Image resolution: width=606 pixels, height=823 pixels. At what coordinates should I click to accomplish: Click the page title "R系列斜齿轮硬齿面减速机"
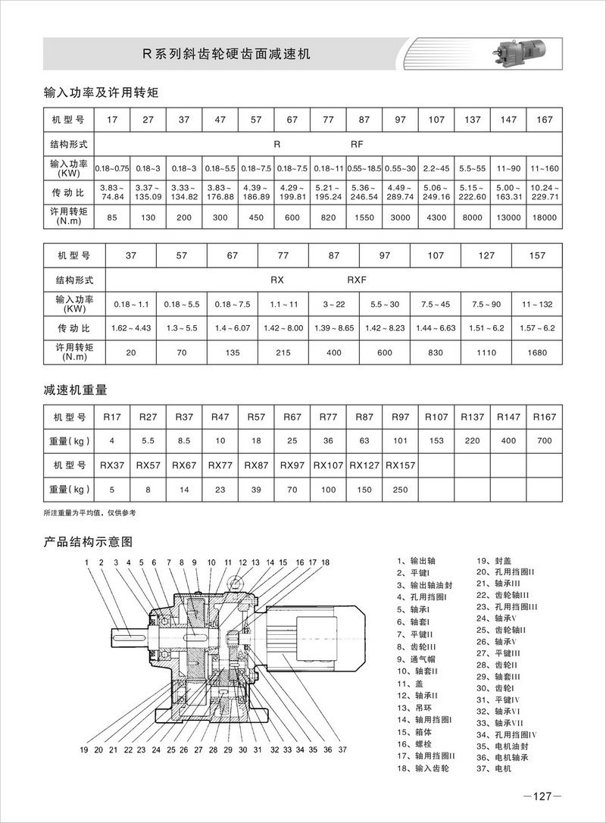(x=227, y=55)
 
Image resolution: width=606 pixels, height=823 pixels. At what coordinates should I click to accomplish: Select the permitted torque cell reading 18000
(x=544, y=217)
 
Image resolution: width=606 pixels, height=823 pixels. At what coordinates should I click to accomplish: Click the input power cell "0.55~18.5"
(x=364, y=167)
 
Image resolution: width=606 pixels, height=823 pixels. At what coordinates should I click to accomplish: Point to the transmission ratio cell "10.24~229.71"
(x=544, y=192)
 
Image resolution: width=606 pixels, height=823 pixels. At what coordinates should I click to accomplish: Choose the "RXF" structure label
(x=357, y=280)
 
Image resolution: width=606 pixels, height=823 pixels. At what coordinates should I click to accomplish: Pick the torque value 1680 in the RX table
(x=536, y=352)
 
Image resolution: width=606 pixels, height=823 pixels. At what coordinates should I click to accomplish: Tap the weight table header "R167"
(x=544, y=417)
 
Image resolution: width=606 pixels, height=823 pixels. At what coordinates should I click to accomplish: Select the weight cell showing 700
(x=544, y=440)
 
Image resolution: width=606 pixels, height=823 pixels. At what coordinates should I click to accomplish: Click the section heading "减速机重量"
(x=76, y=390)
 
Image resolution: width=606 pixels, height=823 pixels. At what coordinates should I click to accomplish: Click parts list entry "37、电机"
(x=494, y=768)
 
